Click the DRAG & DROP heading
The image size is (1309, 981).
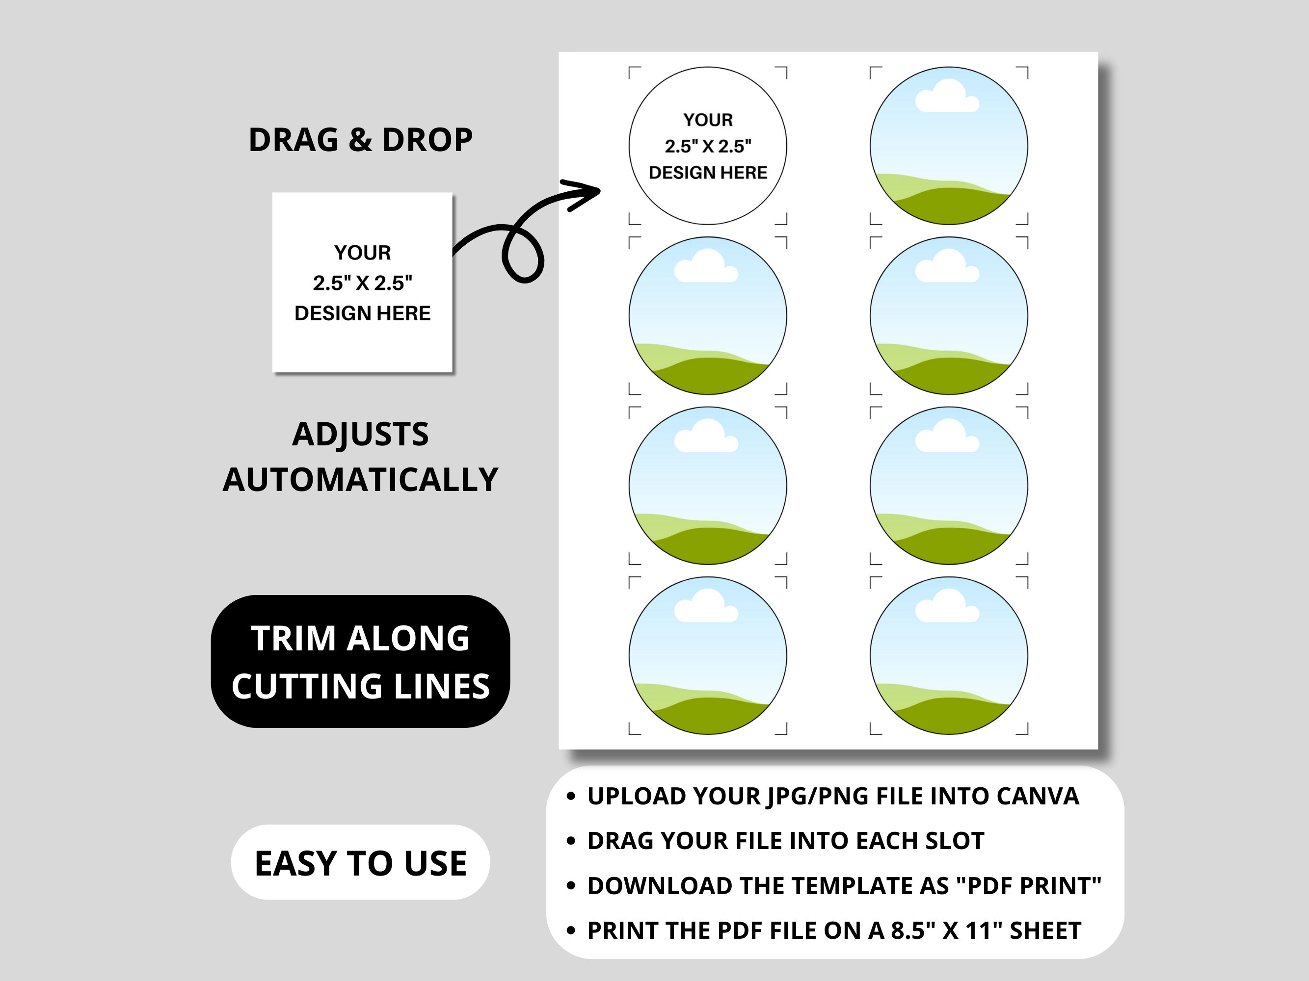[x=360, y=140]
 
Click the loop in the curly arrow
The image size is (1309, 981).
[x=523, y=256]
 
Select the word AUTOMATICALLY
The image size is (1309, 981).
[x=360, y=480]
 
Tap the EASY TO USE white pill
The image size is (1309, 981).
[x=360, y=863]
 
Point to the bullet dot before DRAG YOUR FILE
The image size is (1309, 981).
[x=570, y=841]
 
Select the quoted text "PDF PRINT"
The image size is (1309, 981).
[x=1029, y=886]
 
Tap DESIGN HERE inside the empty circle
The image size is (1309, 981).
[x=708, y=173]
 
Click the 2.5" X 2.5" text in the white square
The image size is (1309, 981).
[x=362, y=283]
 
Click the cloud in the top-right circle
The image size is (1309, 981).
[x=947, y=97]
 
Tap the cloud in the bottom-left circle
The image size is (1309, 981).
[x=706, y=606]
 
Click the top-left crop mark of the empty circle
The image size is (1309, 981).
[x=633, y=72]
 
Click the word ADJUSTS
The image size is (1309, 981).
[x=360, y=435]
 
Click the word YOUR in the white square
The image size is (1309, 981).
[x=362, y=253]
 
